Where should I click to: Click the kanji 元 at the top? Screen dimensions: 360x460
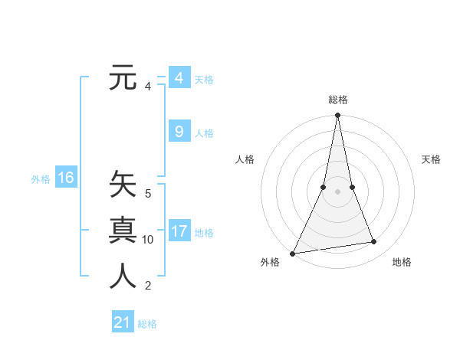(123, 78)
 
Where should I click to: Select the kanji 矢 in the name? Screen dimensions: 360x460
(123, 185)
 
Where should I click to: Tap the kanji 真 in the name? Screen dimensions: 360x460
(123, 231)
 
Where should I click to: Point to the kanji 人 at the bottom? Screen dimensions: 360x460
(123, 277)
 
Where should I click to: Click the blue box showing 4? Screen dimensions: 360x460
(179, 78)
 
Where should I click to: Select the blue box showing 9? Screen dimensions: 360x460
(179, 132)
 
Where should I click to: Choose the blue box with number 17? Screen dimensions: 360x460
(179, 231)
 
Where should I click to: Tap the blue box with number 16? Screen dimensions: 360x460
(65, 178)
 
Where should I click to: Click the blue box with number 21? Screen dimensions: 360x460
(122, 322)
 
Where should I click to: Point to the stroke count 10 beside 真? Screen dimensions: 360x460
(148, 240)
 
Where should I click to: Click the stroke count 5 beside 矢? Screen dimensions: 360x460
(148, 194)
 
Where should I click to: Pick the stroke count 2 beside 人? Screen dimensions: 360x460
(148, 286)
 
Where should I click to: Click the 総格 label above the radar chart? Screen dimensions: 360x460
(337, 100)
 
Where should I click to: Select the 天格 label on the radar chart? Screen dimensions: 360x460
(431, 159)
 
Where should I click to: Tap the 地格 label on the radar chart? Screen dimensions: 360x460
(402, 262)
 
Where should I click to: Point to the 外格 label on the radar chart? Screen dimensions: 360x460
(270, 262)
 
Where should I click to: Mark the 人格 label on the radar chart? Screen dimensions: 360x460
(245, 159)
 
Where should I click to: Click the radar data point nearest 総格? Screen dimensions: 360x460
(337, 116)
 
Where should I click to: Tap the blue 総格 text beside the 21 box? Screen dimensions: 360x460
(147, 324)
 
